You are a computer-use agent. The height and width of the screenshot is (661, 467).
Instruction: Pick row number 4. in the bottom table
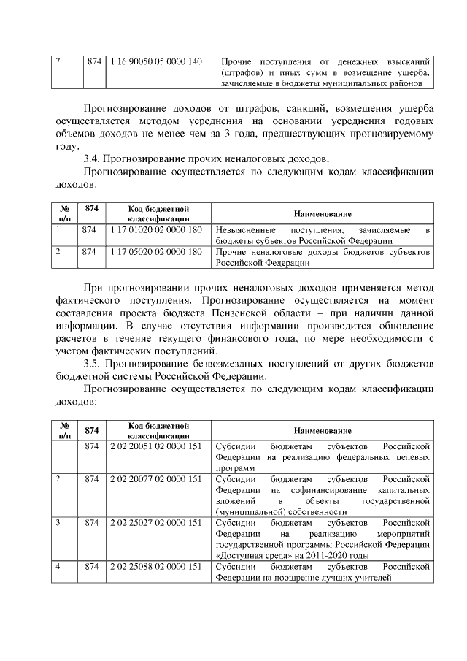pyautogui.click(x=59, y=567)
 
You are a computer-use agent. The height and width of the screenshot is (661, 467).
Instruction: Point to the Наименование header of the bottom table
pyautogui.click(x=322, y=431)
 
